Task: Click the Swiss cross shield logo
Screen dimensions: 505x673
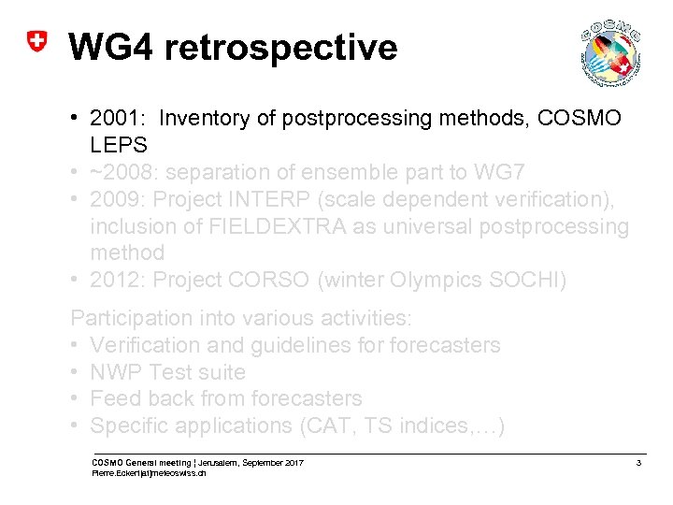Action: [36, 43]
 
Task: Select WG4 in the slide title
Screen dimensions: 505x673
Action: [110, 46]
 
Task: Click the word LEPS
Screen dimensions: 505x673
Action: [117, 145]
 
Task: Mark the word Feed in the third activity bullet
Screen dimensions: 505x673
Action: [114, 398]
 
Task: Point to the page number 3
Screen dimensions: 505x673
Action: [637, 464]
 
